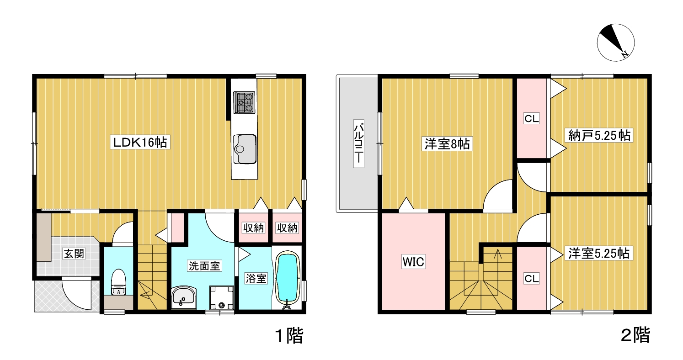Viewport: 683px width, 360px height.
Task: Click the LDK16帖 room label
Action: tap(140, 142)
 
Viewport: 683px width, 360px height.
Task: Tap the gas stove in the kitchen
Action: tap(244, 102)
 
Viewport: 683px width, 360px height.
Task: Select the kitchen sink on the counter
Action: tap(245, 149)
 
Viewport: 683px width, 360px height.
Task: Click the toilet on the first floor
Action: tap(118, 282)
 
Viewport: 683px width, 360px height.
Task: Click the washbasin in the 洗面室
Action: tap(184, 297)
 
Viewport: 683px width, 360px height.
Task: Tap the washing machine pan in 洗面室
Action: tap(222, 297)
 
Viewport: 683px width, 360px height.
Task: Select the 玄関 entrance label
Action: tap(74, 253)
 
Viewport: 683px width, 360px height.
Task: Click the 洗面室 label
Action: tap(204, 266)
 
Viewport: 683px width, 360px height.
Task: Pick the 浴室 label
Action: tap(256, 278)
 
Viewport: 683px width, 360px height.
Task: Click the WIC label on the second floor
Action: tap(413, 261)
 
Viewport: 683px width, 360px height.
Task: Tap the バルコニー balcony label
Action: tap(359, 143)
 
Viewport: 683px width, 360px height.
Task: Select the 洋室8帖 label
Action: tap(447, 143)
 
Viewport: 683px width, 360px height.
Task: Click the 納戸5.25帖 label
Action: tap(599, 135)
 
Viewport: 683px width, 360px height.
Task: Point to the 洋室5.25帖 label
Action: tap(599, 253)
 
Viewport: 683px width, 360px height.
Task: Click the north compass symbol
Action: tap(616, 42)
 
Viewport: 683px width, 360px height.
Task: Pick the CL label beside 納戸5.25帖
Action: tap(532, 118)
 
